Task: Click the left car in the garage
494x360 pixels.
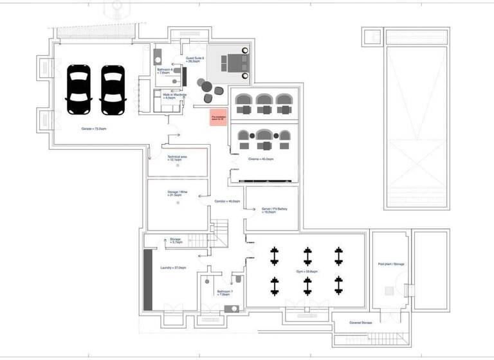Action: pyautogui.click(x=79, y=90)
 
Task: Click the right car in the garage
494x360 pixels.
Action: pyautogui.click(x=113, y=90)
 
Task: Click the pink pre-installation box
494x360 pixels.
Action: pyautogui.click(x=218, y=118)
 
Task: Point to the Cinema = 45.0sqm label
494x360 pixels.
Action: pyautogui.click(x=261, y=158)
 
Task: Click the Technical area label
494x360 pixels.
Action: pyautogui.click(x=178, y=158)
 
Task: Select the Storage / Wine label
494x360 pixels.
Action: pyautogui.click(x=178, y=194)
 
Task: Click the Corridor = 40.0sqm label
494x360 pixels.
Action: pyautogui.click(x=227, y=201)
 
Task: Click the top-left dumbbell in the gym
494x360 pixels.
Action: pyautogui.click(x=275, y=256)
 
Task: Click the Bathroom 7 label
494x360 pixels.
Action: pyautogui.click(x=225, y=293)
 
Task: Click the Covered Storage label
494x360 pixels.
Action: pyautogui.click(x=361, y=322)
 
